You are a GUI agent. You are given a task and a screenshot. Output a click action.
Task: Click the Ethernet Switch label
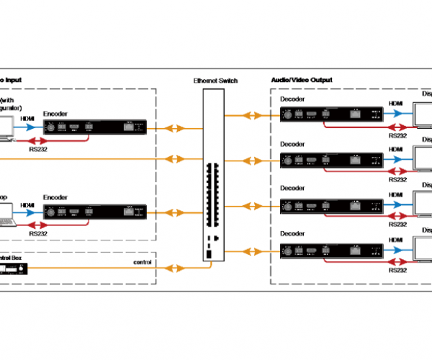pos(215,80)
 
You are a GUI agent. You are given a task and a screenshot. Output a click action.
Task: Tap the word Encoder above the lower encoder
pos(55,197)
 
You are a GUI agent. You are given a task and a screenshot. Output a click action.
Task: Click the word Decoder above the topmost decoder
pos(292,99)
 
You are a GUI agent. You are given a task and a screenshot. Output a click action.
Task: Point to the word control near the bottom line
pos(145,261)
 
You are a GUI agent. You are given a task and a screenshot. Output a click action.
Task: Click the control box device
pos(12,269)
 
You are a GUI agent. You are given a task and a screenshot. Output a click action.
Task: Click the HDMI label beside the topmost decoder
pos(396,104)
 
